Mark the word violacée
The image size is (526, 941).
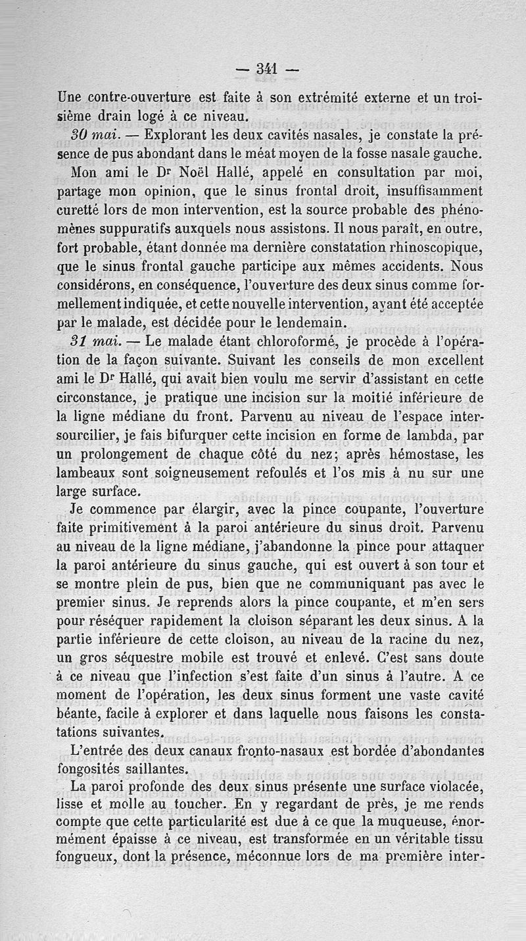444,786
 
